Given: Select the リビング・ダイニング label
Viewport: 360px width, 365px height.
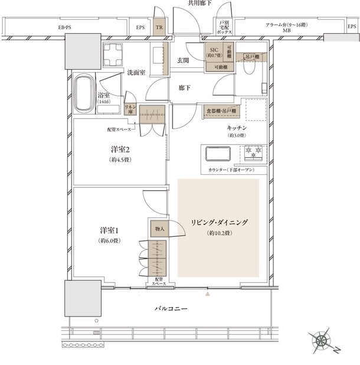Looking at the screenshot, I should pyautogui.click(x=218, y=222).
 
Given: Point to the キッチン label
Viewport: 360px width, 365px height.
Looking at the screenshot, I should pyautogui.click(x=236, y=128).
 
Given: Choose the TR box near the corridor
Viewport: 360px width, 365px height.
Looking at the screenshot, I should pyautogui.click(x=159, y=27).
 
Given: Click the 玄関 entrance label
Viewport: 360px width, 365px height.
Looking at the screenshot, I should pyautogui.click(x=183, y=60).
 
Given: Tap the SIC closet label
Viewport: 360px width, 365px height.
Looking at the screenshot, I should pyautogui.click(x=212, y=52).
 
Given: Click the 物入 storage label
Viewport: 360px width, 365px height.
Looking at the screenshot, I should pyautogui.click(x=159, y=227).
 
